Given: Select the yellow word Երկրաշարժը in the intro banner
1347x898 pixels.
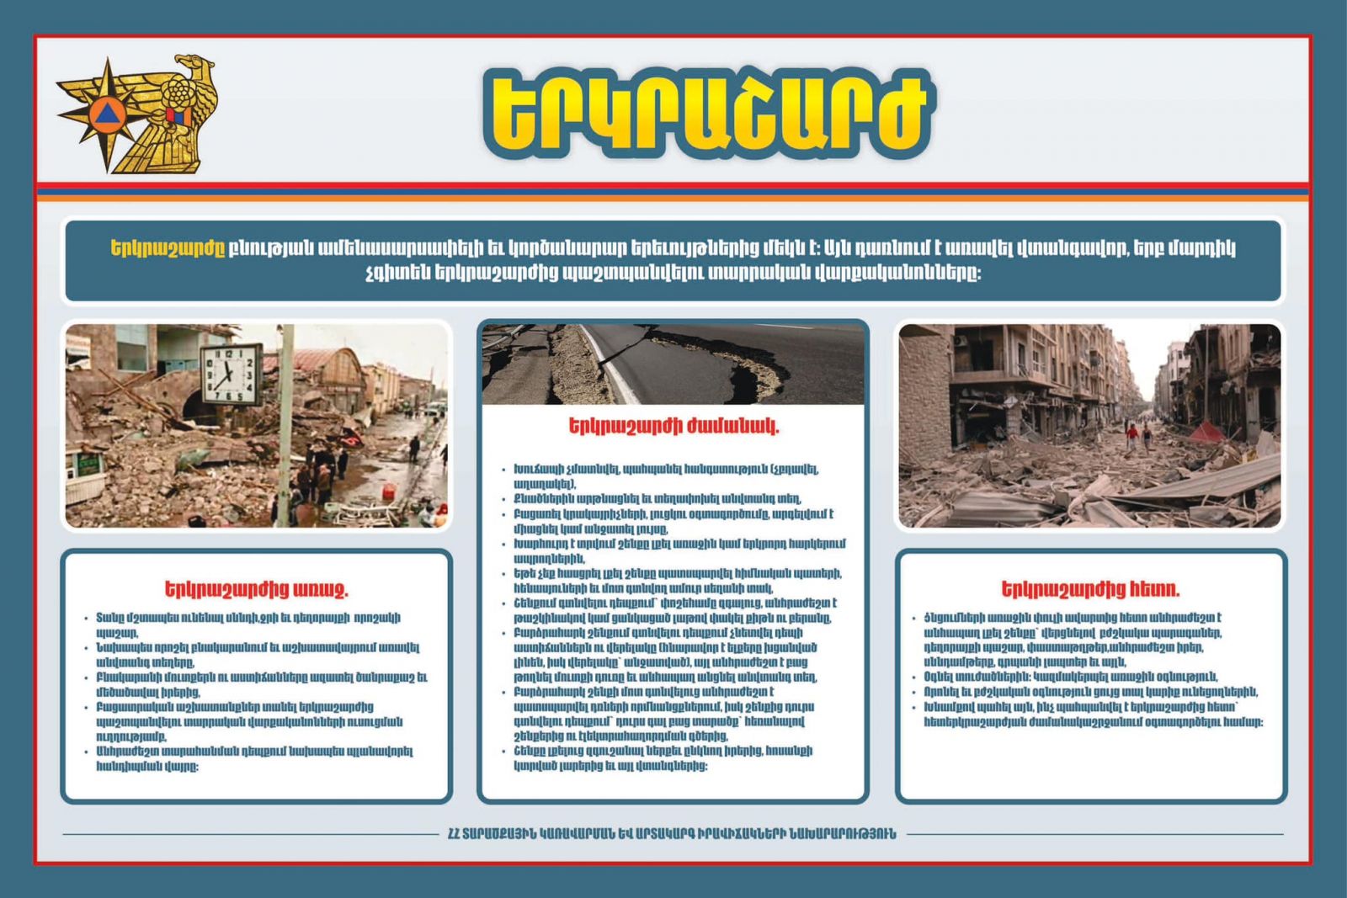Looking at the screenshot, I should [x=168, y=248].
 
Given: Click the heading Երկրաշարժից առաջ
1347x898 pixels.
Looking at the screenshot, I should [x=256, y=589].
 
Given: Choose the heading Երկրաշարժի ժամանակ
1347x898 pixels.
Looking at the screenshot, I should [x=673, y=426].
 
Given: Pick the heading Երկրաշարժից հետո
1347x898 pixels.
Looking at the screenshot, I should [x=1090, y=589].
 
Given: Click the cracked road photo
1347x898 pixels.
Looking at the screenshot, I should [x=673, y=364].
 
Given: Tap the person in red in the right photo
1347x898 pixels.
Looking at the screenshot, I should [x=1132, y=434].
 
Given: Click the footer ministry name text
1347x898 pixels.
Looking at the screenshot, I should [x=672, y=834].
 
